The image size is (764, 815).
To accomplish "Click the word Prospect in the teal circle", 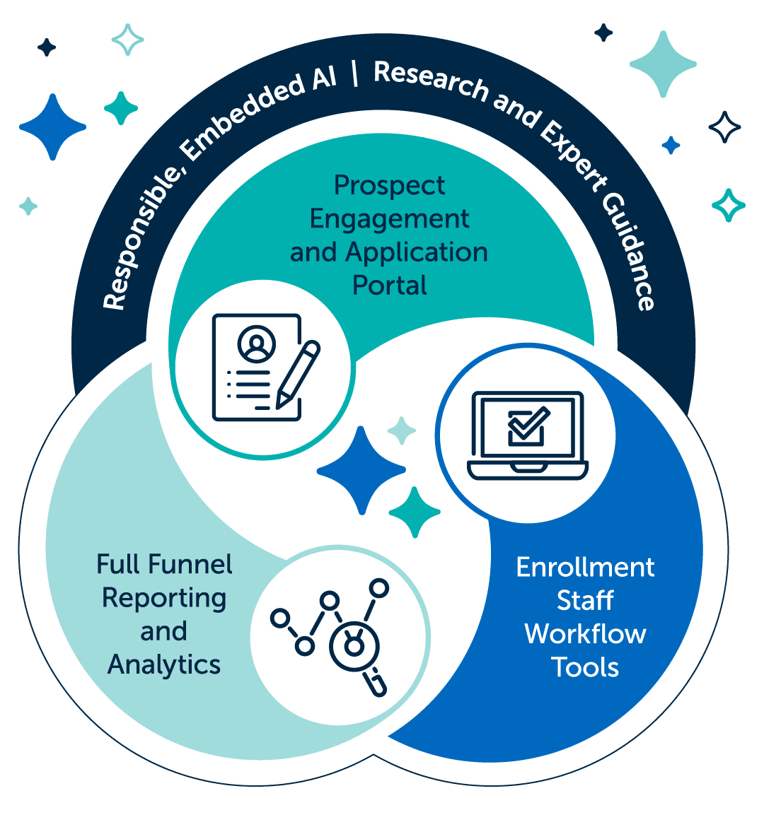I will click(390, 185).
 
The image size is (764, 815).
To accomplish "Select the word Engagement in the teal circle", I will click(390, 219).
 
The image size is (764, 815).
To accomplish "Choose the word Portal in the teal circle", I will click(390, 286).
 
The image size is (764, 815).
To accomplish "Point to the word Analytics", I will click(164, 664).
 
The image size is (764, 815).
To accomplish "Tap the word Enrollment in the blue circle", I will click(586, 567).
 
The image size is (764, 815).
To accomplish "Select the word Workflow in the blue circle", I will click(586, 633).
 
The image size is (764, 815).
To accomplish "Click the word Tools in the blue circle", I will click(586, 667).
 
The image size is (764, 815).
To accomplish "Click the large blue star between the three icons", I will click(361, 469).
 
